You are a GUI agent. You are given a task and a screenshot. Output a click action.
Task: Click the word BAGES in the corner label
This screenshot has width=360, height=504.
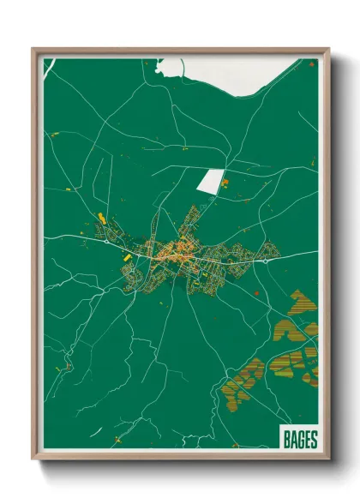tap(299, 440)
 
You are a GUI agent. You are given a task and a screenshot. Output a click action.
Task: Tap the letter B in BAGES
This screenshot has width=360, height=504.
tap(286, 440)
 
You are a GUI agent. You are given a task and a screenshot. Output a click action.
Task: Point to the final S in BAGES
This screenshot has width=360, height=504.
tap(313, 440)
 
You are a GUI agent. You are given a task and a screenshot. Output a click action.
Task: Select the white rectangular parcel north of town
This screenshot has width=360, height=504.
tap(209, 180)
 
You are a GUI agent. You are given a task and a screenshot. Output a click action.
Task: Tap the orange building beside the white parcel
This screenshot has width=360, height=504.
tap(225, 183)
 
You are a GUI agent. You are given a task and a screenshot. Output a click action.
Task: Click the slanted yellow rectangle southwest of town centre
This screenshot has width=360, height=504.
tap(125, 255)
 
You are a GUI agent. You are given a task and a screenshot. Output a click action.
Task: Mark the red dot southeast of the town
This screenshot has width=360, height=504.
tap(257, 293)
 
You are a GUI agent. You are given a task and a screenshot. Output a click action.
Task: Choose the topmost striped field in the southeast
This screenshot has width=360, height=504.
tap(299, 301)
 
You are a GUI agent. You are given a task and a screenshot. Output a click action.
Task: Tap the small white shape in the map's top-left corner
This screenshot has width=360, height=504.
tap(49, 65)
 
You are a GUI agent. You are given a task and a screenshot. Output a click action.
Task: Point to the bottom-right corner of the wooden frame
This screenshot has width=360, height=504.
tap(327, 459)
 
